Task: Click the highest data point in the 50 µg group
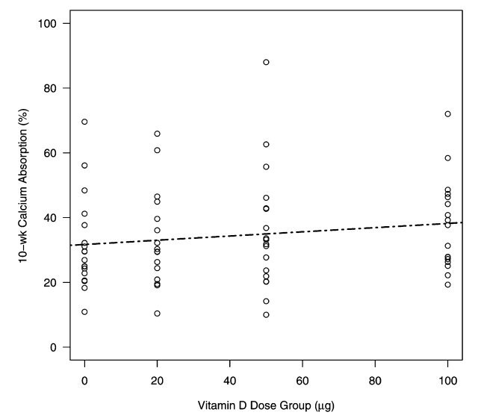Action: (x=266, y=62)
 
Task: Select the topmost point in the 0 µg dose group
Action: (x=84, y=122)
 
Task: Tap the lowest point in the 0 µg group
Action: (x=84, y=312)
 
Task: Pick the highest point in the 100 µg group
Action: (x=447, y=113)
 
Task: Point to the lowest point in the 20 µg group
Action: (x=157, y=313)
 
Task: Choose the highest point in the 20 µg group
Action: (x=157, y=134)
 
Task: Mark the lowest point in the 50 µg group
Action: (x=266, y=315)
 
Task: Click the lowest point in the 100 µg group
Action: (x=447, y=284)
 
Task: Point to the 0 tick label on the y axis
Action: (x=55, y=347)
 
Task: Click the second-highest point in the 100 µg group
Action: (x=447, y=158)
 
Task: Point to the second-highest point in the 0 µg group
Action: (x=84, y=165)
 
